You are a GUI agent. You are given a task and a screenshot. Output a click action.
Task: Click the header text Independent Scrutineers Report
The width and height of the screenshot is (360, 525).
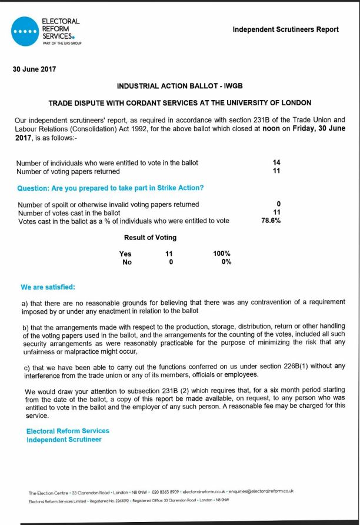pyautogui.click(x=286, y=29)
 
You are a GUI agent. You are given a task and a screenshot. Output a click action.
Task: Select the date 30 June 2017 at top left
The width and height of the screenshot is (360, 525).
pyautogui.click(x=34, y=69)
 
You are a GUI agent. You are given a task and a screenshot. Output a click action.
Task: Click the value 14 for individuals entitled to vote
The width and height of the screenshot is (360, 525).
pyautogui.click(x=276, y=162)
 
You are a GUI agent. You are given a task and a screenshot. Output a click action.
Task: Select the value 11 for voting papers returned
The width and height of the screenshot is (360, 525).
pyautogui.click(x=276, y=171)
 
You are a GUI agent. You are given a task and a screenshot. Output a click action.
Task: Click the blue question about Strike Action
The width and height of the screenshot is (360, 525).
pyautogui.click(x=114, y=188)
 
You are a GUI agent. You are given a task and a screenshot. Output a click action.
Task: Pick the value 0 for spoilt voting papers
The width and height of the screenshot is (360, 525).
pyautogui.click(x=278, y=204)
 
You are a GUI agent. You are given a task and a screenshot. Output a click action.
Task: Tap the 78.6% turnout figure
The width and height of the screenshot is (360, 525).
pyautogui.click(x=271, y=221)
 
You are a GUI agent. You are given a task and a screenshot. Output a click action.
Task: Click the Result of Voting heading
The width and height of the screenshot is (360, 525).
pyautogui.click(x=150, y=238)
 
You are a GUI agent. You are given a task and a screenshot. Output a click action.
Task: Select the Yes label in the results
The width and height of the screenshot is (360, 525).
pyautogui.click(x=125, y=254)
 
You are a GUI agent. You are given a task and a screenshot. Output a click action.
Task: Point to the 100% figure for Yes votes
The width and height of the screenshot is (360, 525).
pyautogui.click(x=222, y=254)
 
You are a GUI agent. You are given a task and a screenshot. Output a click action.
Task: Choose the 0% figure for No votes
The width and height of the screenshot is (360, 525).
pyautogui.click(x=226, y=262)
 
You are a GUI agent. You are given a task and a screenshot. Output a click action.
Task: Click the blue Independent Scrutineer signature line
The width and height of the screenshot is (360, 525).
pyautogui.click(x=64, y=439)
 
